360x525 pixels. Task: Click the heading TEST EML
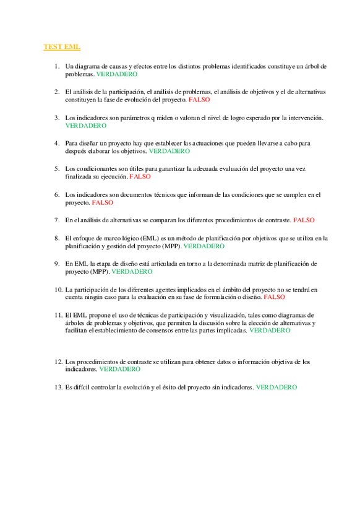[x=62, y=47]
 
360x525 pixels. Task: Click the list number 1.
[x=56, y=66]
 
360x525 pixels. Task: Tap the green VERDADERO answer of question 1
[x=117, y=74]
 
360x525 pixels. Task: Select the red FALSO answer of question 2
[x=199, y=99]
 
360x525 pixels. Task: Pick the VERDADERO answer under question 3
[x=86, y=125]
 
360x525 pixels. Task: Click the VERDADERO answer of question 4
[x=169, y=150]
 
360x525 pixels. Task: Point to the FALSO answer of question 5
[x=140, y=176]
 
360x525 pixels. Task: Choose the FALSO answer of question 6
[x=103, y=202]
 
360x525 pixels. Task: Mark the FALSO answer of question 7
[x=304, y=220]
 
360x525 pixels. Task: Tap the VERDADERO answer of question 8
[x=204, y=246]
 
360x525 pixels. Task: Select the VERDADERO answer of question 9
[x=132, y=271]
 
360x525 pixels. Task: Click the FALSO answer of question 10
[x=274, y=297]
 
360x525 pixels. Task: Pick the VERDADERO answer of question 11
[x=270, y=331]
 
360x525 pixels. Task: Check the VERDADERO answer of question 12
[x=120, y=369]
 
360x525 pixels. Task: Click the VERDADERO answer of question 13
[x=276, y=387]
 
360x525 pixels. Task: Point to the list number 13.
[x=58, y=387]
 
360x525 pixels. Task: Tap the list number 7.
[x=56, y=220]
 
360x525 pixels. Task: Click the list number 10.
[x=58, y=289]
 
